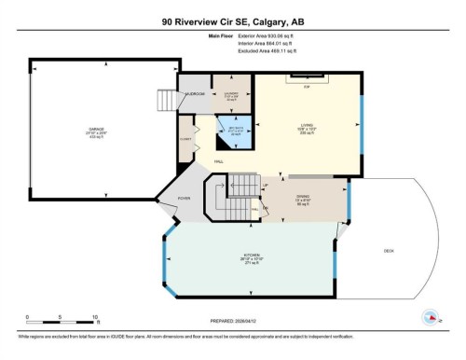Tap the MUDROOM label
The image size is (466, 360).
[x=195, y=94]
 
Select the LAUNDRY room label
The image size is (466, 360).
[x=231, y=95]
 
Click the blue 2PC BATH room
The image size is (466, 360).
[x=225, y=132]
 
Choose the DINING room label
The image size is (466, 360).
[x=302, y=201]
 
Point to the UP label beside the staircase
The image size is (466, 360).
[x=265, y=186]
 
